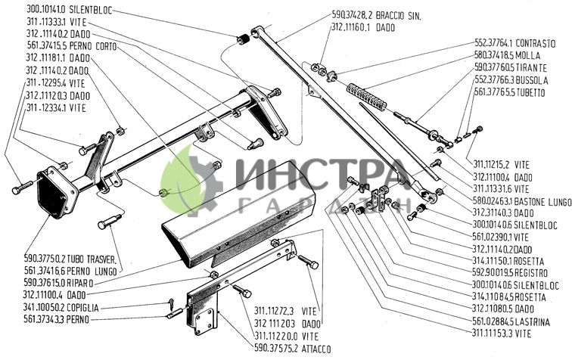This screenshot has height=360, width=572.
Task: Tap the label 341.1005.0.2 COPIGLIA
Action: tap(65, 309)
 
